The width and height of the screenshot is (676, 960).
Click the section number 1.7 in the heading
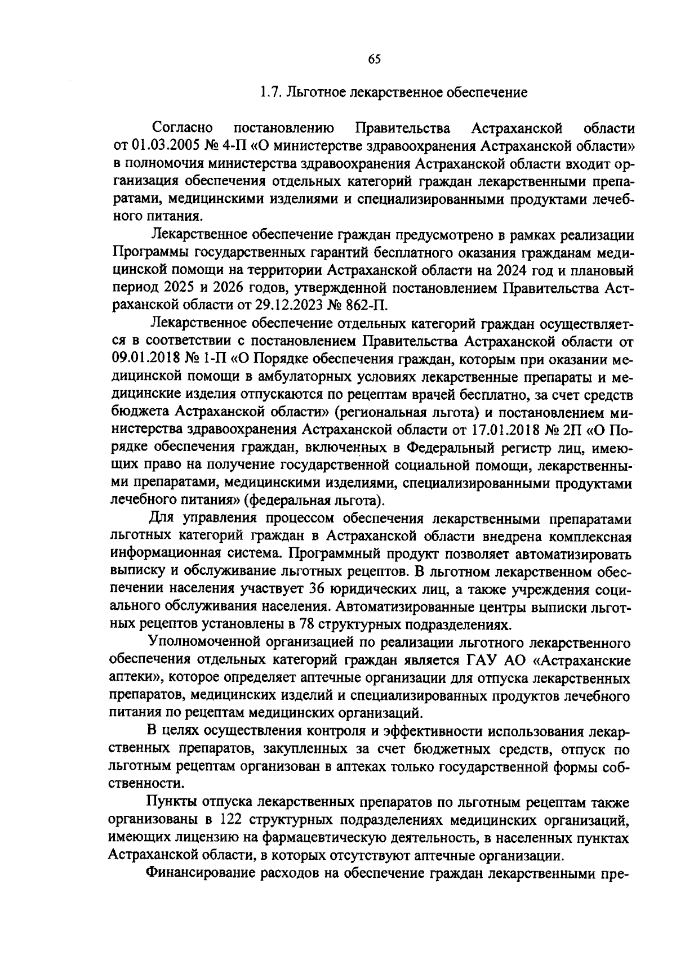click(x=269, y=92)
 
